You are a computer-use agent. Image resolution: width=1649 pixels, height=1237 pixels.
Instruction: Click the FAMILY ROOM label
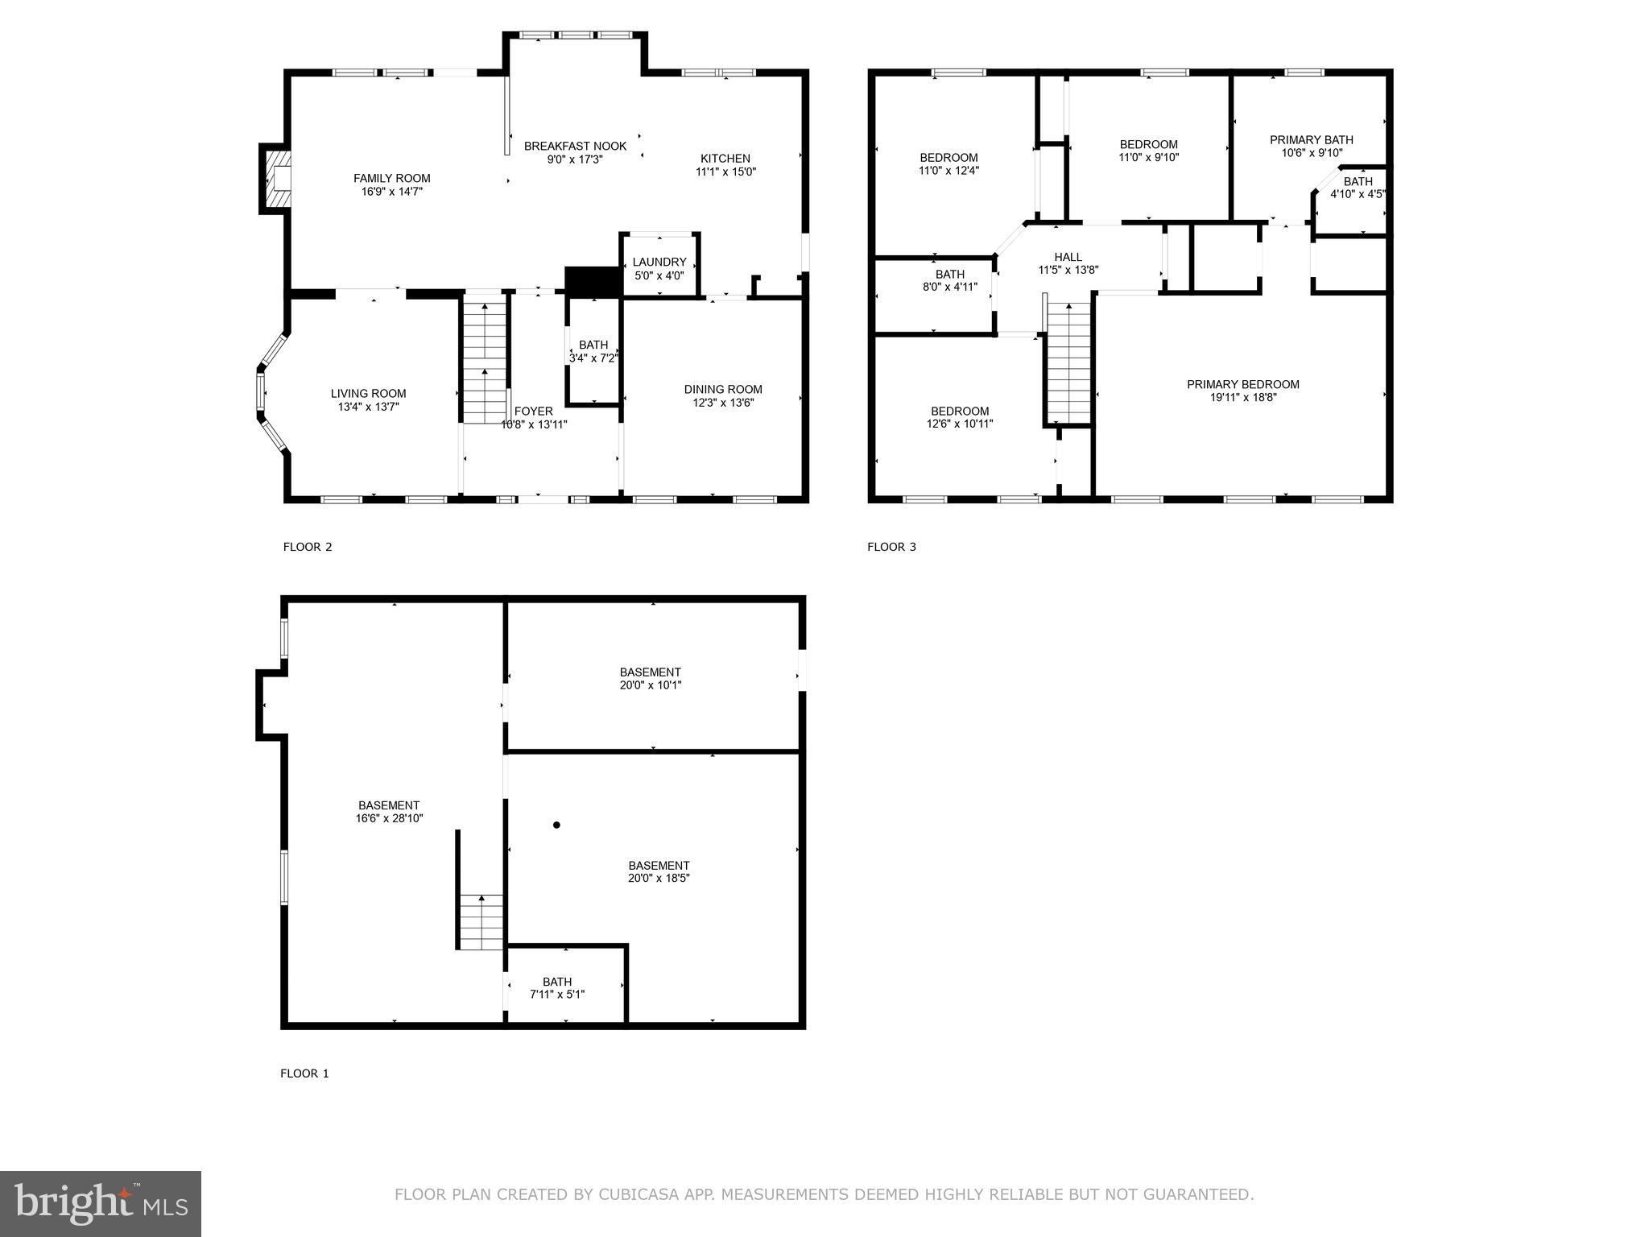click(x=391, y=178)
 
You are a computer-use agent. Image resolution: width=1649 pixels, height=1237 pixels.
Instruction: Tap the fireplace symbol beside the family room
click(x=276, y=179)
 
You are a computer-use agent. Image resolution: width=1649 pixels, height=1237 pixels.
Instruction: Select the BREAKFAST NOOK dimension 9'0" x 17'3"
click(x=575, y=159)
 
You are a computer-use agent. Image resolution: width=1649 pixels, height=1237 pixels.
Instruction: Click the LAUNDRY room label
click(x=659, y=262)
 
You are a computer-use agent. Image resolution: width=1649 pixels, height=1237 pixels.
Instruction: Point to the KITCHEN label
click(x=725, y=159)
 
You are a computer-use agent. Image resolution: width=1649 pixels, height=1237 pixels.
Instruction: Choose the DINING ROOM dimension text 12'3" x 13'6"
click(x=723, y=403)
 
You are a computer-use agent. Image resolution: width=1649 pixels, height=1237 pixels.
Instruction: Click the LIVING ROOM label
click(x=368, y=394)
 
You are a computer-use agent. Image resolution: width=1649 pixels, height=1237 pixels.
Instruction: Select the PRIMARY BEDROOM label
click(x=1242, y=384)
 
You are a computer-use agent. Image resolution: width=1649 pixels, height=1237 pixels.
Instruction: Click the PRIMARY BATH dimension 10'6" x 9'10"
click(x=1311, y=153)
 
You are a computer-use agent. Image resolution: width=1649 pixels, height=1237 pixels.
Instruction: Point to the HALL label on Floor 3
click(x=1068, y=257)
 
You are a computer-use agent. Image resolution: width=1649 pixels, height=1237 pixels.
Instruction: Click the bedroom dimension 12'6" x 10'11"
click(x=960, y=424)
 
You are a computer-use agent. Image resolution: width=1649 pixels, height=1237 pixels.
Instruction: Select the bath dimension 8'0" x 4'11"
click(x=950, y=287)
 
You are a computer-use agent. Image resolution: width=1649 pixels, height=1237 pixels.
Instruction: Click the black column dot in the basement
click(x=556, y=825)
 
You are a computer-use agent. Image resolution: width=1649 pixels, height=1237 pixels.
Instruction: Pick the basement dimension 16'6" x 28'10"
click(x=389, y=818)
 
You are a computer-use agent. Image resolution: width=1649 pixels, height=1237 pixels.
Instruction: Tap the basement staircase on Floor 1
click(x=481, y=922)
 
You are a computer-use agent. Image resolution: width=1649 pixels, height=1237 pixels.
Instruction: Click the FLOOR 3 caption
click(x=891, y=547)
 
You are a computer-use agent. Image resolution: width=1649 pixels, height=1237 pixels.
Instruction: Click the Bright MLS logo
click(x=101, y=1203)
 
